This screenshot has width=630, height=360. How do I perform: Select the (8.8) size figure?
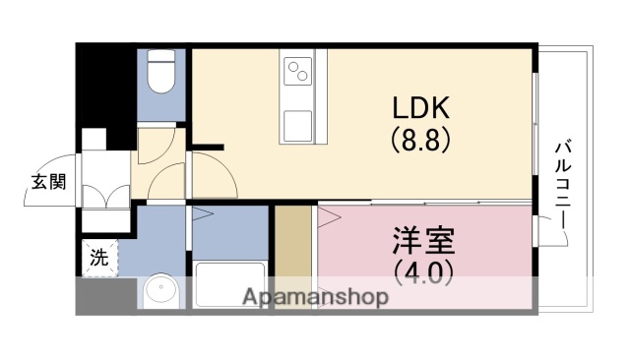click(423, 140)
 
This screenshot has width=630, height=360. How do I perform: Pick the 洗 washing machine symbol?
click(98, 258)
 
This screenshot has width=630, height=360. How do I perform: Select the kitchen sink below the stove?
click(299, 124)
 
